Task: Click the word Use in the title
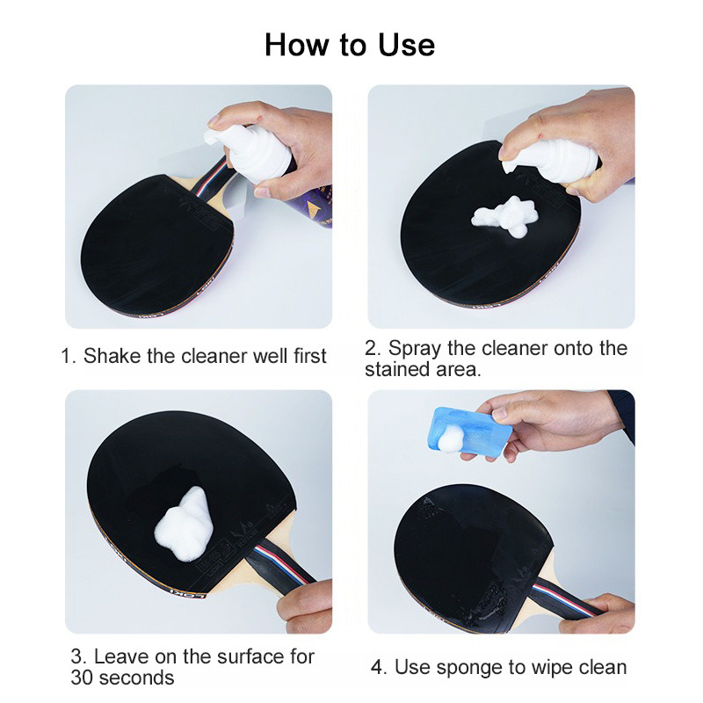(407, 45)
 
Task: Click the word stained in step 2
(391, 369)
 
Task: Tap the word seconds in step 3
(136, 678)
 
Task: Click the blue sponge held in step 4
(471, 432)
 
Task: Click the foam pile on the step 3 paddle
(183, 525)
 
